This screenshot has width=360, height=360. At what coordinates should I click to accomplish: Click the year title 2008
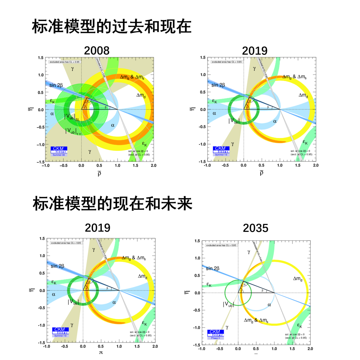coord(97,51)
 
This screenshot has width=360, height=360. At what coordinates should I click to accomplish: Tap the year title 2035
coord(255,228)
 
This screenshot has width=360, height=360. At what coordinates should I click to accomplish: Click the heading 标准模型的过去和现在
coord(112,26)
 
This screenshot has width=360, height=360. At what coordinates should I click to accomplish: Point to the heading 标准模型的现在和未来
coord(112,204)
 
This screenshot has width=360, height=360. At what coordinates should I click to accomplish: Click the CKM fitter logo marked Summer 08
coord(59,151)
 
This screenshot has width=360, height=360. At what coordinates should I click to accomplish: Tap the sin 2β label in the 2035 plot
coord(212,268)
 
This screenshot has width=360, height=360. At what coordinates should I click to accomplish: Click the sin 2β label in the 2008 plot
coord(56,85)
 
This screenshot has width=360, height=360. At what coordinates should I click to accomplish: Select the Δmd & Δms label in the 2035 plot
coord(256,320)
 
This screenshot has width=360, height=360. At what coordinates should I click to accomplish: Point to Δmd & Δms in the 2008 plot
coord(132,77)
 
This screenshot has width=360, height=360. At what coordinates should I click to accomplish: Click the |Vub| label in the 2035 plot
coord(228,304)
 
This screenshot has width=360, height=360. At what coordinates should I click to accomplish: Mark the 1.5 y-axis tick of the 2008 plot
coord(40,58)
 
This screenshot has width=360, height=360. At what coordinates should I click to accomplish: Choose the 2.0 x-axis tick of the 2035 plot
coord(310,349)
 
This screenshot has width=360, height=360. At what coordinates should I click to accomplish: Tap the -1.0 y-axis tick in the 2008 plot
coord(40,145)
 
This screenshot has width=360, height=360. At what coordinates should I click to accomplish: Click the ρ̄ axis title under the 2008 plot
coord(99,173)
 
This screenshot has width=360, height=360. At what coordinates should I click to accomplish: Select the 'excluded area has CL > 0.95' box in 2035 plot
coord(221,245)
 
